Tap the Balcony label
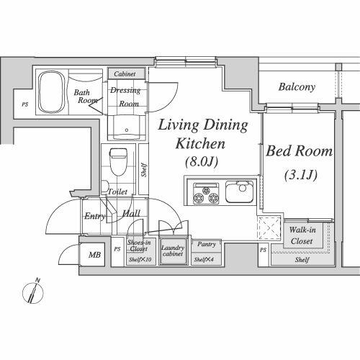pos(297,87)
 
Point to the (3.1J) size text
pos(302,174)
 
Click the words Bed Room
pos(300,151)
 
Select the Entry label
pos(95,216)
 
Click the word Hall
pos(131,214)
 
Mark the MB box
pos(94,255)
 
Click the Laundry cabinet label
pos(174,250)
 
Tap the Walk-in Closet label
pos(302,235)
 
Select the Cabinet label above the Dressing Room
pos(127,74)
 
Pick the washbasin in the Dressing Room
pos(127,130)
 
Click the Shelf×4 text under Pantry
pos(206,259)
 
